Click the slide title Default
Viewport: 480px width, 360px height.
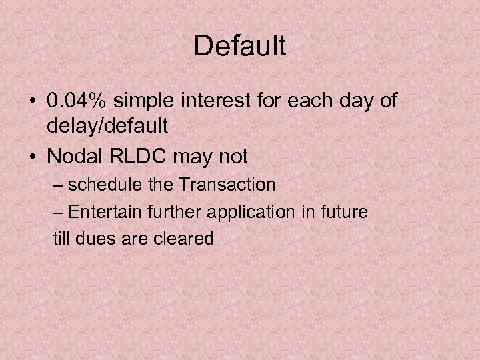point(240,46)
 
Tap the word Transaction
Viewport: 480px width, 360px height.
point(230,184)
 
